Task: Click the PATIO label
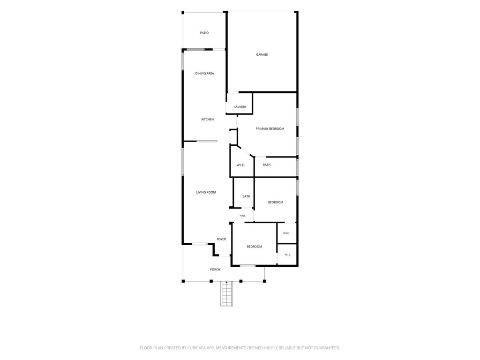tap(204, 33)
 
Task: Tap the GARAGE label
tap(262, 54)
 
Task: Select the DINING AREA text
tap(205, 74)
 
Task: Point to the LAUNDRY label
tap(240, 107)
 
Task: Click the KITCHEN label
tap(208, 120)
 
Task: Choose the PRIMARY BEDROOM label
tap(270, 129)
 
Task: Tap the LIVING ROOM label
tap(206, 193)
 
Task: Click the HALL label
tap(242, 216)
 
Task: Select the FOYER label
tap(221, 239)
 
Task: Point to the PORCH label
tap(215, 270)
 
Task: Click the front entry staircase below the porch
tap(226, 293)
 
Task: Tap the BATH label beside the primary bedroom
tap(267, 165)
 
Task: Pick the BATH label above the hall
tap(247, 196)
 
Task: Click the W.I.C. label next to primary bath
tap(240, 165)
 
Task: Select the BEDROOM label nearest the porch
tap(255, 247)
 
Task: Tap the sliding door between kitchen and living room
tap(207, 141)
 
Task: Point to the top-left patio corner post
tap(183, 13)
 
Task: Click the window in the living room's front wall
tap(200, 244)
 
